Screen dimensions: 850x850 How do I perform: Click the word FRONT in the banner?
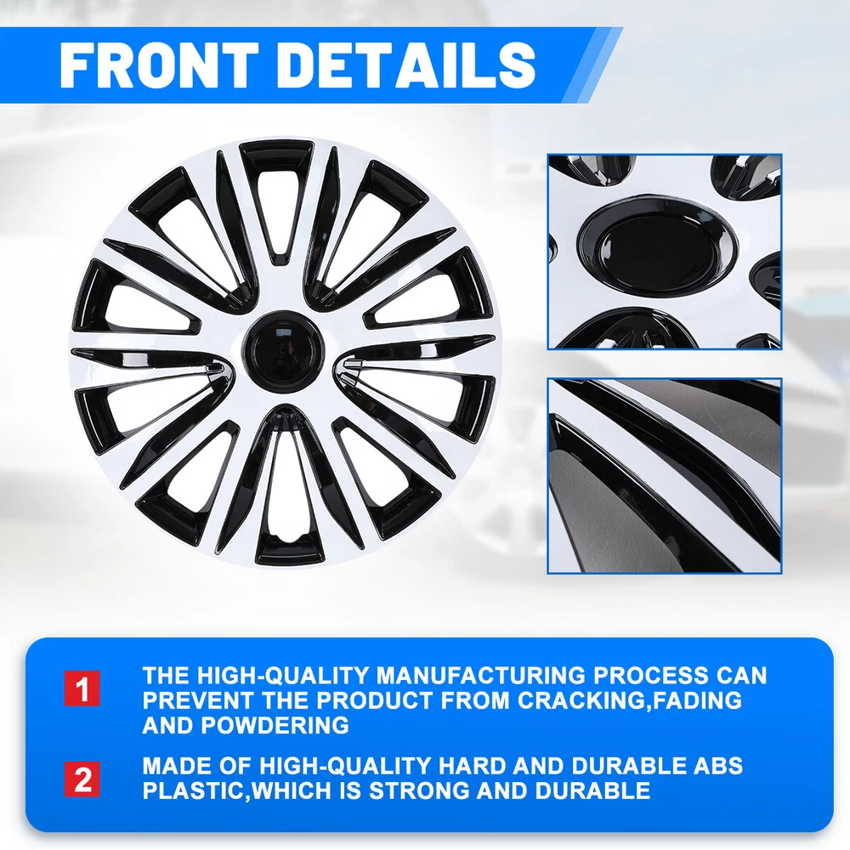(x=159, y=65)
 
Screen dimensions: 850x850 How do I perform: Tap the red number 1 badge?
(x=82, y=688)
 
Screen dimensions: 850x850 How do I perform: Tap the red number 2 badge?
(x=82, y=779)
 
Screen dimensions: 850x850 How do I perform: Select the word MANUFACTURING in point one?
(x=481, y=676)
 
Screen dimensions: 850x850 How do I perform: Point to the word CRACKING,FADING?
(x=629, y=700)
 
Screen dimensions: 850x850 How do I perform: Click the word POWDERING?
(x=275, y=725)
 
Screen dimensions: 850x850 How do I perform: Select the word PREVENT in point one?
(x=198, y=700)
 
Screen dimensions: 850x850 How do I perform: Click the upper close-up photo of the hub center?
(x=664, y=252)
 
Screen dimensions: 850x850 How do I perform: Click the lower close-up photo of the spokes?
(x=664, y=475)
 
